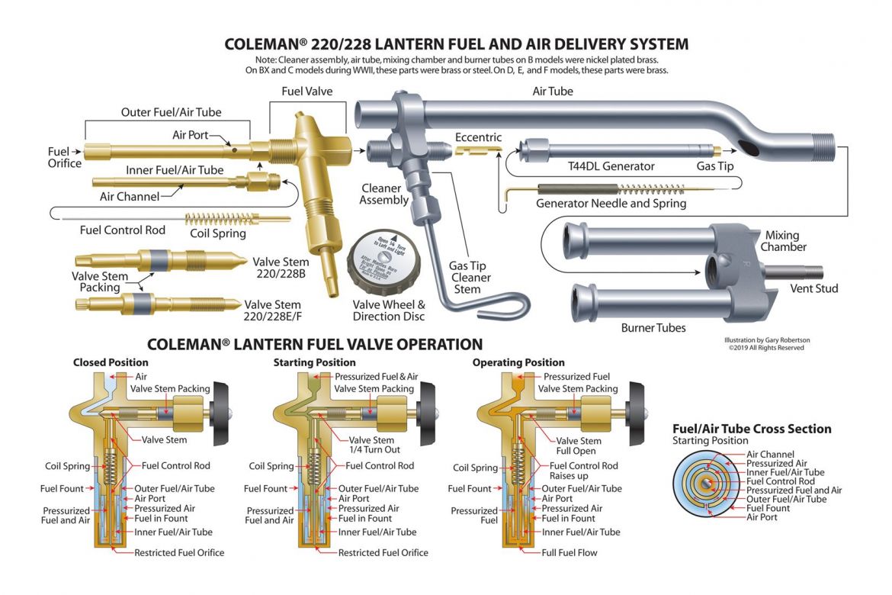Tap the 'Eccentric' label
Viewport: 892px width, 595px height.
(x=478, y=137)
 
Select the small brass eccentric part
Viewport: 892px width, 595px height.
(x=479, y=151)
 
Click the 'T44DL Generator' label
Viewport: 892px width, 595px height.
(x=611, y=166)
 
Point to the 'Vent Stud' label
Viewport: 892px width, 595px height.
(x=814, y=288)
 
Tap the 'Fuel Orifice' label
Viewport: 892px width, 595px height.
(x=64, y=157)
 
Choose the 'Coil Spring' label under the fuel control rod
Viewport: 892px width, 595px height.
(x=218, y=233)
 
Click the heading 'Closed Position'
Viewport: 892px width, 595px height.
(x=111, y=362)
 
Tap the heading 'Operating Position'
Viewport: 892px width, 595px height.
(x=518, y=362)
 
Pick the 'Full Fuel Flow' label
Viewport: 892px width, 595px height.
(x=570, y=552)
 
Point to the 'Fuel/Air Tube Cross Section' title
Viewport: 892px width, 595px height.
(x=752, y=429)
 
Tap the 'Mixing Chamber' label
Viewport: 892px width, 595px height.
(x=786, y=241)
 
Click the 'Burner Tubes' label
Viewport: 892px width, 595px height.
(x=653, y=328)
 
